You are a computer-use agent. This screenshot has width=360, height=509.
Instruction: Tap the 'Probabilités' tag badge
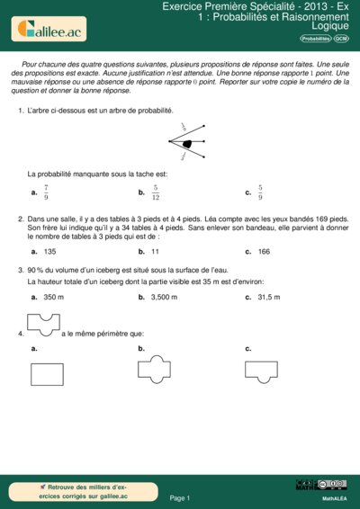[x=315, y=40]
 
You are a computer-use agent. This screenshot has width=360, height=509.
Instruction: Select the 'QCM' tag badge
[x=342, y=40]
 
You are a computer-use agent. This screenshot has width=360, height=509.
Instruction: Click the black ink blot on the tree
[x=187, y=143]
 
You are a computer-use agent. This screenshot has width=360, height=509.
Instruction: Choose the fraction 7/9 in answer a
[x=46, y=192]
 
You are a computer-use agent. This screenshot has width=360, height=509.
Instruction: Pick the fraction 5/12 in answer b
[x=156, y=192]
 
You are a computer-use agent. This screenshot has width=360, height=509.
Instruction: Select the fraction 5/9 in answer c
[x=260, y=192]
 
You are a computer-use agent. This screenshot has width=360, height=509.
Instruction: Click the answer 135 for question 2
[x=49, y=252]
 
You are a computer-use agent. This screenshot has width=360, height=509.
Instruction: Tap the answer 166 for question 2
[x=264, y=252]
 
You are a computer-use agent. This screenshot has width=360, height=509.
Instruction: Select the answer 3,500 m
[x=164, y=297]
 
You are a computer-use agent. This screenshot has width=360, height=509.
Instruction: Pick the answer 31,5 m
[x=269, y=297]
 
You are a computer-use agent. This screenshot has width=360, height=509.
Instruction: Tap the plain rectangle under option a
[x=47, y=372]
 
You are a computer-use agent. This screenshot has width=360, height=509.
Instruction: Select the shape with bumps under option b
[x=153, y=368]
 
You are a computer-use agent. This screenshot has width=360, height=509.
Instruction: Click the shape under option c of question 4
[x=260, y=368]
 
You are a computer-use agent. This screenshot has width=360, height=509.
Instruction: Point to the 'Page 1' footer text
[x=179, y=497]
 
